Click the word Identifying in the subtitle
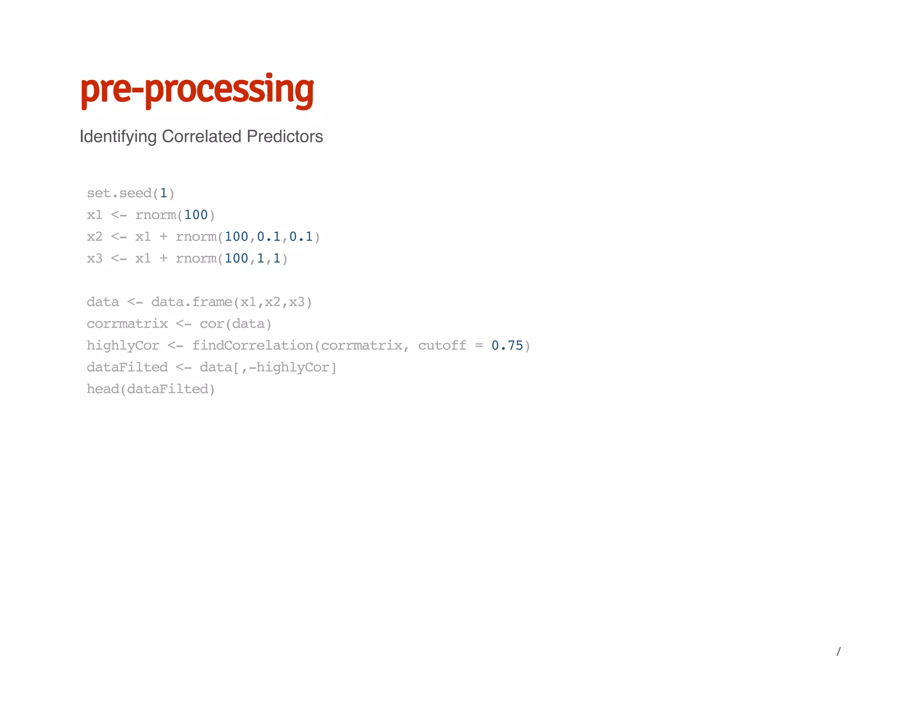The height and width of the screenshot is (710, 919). (x=118, y=136)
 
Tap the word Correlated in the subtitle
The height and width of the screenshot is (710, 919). (x=201, y=136)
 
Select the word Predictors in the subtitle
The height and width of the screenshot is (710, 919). (x=284, y=136)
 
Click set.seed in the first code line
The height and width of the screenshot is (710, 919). (x=119, y=193)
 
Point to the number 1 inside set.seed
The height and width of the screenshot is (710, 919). (x=163, y=193)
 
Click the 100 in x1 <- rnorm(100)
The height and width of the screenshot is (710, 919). (x=196, y=215)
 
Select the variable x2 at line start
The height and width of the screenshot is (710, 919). (x=95, y=237)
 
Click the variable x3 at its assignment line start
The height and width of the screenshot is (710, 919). (x=95, y=259)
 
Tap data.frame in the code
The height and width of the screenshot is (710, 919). (x=192, y=302)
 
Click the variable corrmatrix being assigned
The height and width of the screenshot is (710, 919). (x=127, y=324)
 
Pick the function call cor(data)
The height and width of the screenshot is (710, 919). (x=236, y=324)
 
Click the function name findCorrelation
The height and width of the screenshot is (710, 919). (x=253, y=346)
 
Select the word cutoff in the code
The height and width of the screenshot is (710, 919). (x=442, y=346)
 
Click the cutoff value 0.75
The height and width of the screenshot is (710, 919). (x=507, y=346)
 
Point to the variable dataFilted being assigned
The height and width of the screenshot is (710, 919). (x=127, y=367)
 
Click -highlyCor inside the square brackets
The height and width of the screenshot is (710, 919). (x=289, y=367)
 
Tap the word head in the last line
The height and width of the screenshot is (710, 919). (x=103, y=389)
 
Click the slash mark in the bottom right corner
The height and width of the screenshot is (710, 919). (x=838, y=651)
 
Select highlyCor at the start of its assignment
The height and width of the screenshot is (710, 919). (x=123, y=346)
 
